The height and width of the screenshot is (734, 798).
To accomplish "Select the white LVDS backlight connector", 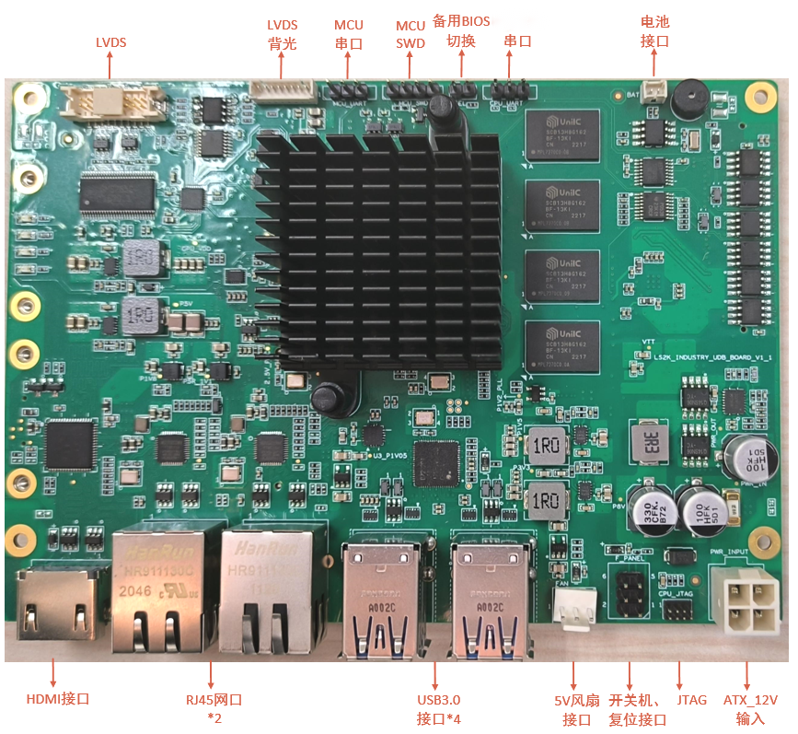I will tap(282, 89).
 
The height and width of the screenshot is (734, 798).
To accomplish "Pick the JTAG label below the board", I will tap(691, 700).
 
